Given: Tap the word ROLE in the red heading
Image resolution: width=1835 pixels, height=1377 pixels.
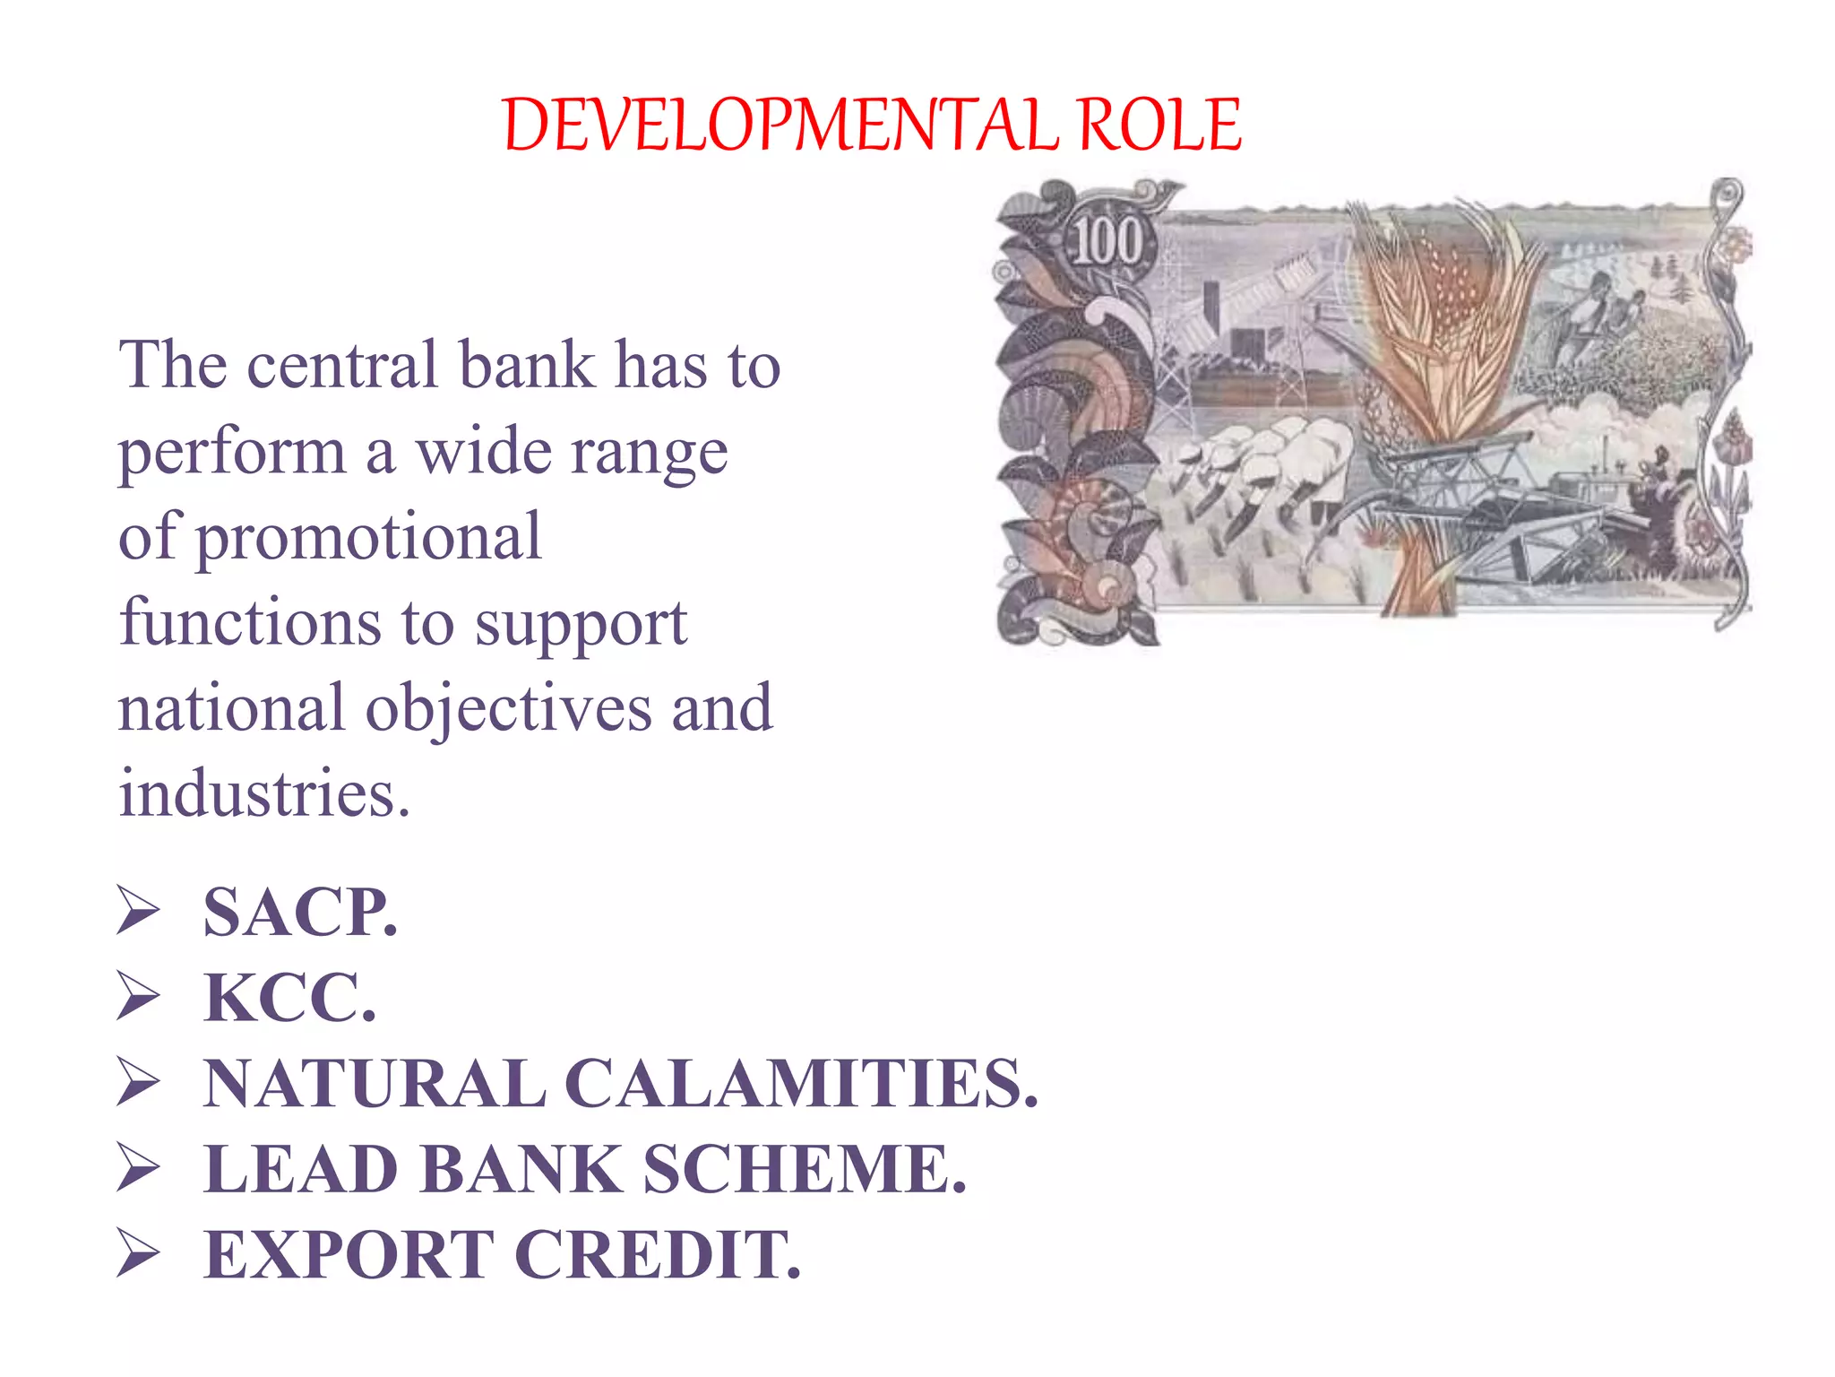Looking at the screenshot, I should [1159, 125].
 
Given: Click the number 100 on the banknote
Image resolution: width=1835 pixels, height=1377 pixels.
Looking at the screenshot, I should [1108, 242].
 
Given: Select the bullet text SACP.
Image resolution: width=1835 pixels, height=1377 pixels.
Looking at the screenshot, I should [300, 913].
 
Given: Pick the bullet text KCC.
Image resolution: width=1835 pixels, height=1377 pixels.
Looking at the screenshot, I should [289, 998].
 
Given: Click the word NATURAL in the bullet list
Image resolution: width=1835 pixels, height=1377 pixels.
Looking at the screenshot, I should [375, 1084].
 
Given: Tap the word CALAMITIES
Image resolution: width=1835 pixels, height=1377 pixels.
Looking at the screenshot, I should [803, 1084].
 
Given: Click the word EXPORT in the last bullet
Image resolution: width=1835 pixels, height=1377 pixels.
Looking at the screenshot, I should [349, 1254].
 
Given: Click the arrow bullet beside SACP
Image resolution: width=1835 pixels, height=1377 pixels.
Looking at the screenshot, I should [138, 912].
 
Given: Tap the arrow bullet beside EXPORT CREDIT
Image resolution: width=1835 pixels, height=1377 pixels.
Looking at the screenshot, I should [138, 1253].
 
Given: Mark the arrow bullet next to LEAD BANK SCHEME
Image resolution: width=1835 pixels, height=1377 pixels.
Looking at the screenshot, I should [138, 1168].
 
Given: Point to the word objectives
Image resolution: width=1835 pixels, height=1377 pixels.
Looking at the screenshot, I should [508, 708].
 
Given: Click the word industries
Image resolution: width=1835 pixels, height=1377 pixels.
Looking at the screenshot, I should [264, 793].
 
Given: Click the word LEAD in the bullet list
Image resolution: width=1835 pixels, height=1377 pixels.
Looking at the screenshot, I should [301, 1169].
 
